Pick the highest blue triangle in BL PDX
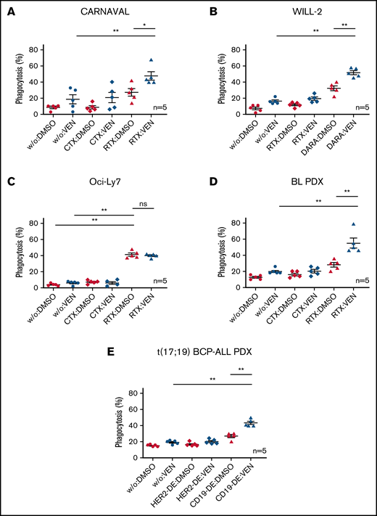(x=335, y=225)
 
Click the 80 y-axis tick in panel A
(x=34, y=49)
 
